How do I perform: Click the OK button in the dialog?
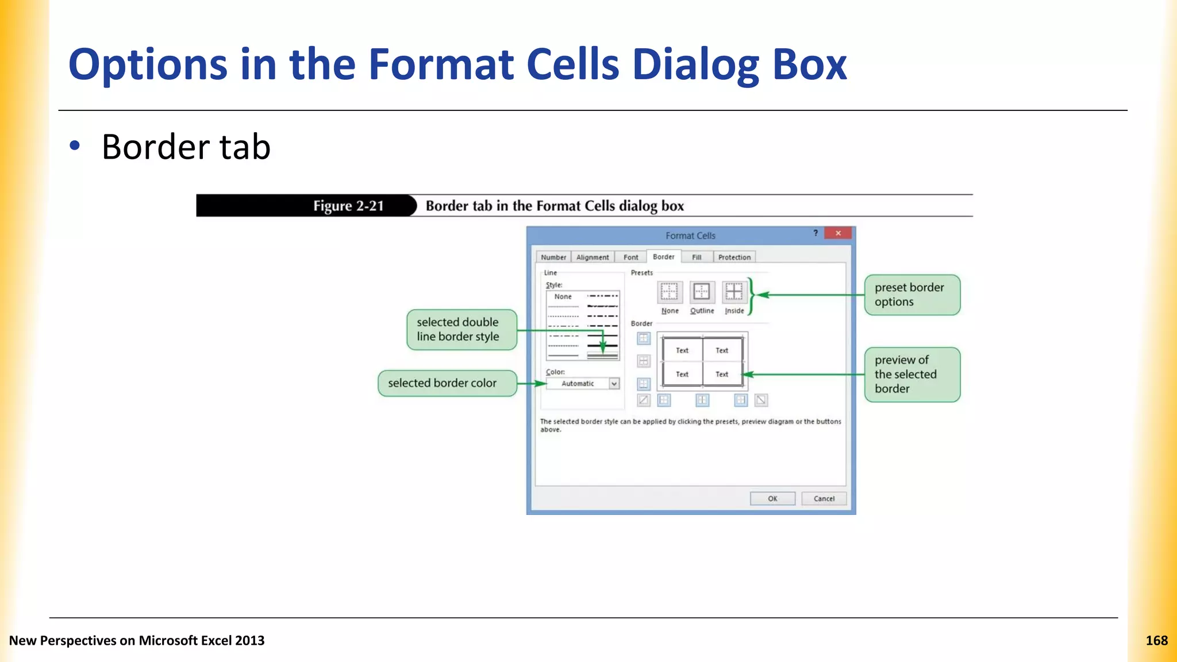click(x=772, y=498)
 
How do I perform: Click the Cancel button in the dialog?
click(x=824, y=498)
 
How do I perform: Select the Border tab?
click(x=663, y=257)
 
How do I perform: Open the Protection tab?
click(x=734, y=257)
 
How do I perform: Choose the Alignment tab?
click(x=592, y=257)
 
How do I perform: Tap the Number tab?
click(x=553, y=257)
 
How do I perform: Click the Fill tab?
click(x=697, y=257)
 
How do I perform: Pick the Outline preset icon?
click(x=702, y=292)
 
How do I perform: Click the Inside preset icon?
click(x=734, y=292)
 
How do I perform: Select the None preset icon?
click(x=670, y=292)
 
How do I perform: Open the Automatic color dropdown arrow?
click(x=614, y=383)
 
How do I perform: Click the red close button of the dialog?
click(x=838, y=233)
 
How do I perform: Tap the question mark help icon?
click(x=816, y=233)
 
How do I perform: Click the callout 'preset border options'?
click(x=912, y=295)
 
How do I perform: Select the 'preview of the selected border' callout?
click(x=912, y=375)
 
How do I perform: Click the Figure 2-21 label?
click(x=348, y=206)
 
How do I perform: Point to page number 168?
click(x=1156, y=641)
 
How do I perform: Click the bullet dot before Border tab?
click(x=75, y=146)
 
